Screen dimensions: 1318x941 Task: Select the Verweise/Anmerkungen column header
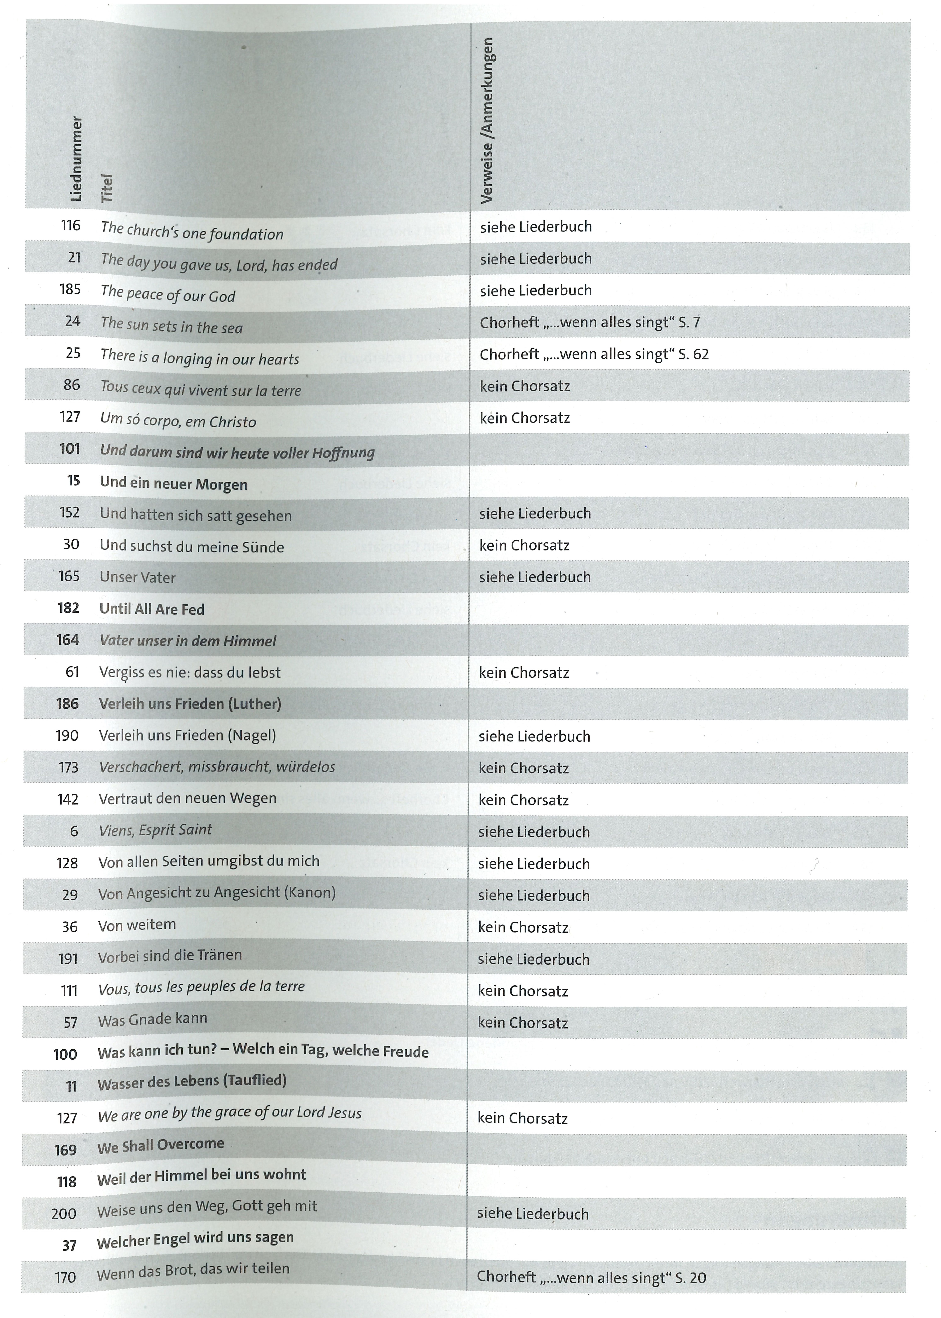[487, 121]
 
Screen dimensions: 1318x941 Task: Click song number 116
[71, 225]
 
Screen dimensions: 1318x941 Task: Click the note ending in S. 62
[594, 354]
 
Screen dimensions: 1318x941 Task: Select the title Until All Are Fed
[152, 609]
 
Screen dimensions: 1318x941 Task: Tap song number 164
[68, 640]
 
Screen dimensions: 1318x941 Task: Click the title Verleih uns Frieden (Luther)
[190, 704]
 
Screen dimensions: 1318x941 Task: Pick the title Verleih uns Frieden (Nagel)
[187, 736]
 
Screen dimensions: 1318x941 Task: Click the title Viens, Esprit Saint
[155, 830]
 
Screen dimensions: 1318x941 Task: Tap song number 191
[68, 959]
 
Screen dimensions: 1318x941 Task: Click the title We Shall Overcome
[160, 1146]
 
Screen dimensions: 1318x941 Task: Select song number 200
[64, 1214]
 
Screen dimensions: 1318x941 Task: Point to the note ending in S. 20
[591, 1277]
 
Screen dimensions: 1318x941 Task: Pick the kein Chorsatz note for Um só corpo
[524, 418]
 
